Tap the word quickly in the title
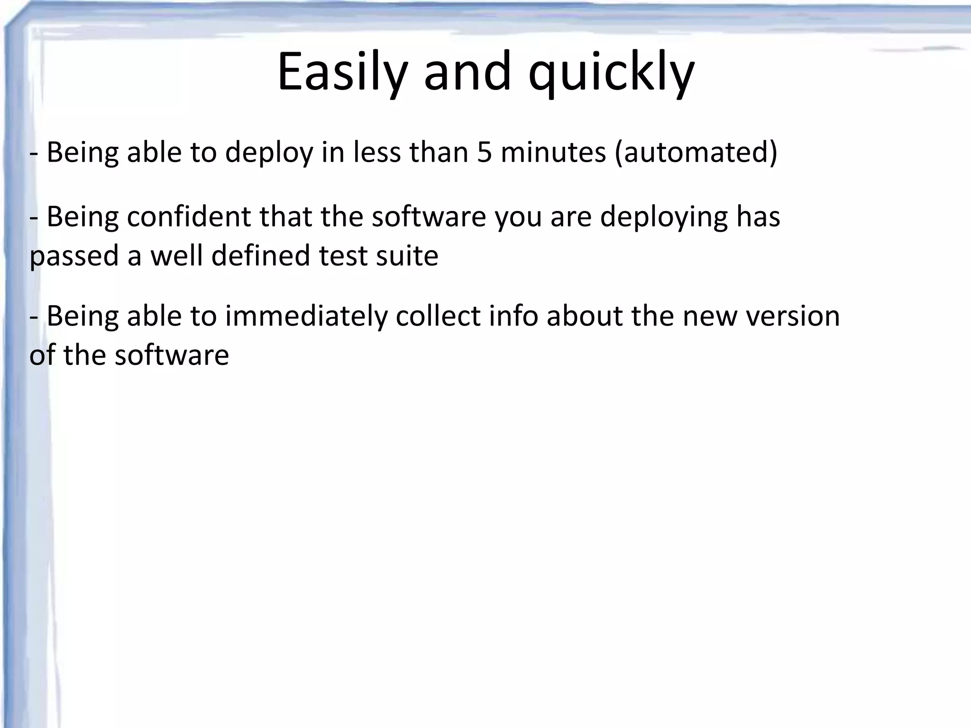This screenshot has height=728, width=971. tap(611, 72)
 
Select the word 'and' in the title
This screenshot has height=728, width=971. tap(467, 72)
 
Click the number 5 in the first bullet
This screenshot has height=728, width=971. tap(485, 153)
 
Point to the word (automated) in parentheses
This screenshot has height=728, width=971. tap(696, 153)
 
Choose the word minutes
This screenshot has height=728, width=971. tap(553, 153)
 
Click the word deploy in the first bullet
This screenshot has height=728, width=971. tap(269, 153)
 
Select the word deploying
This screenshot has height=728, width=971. tap(664, 217)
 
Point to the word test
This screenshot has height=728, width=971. tap(343, 256)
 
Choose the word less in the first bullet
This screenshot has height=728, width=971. tap(377, 153)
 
